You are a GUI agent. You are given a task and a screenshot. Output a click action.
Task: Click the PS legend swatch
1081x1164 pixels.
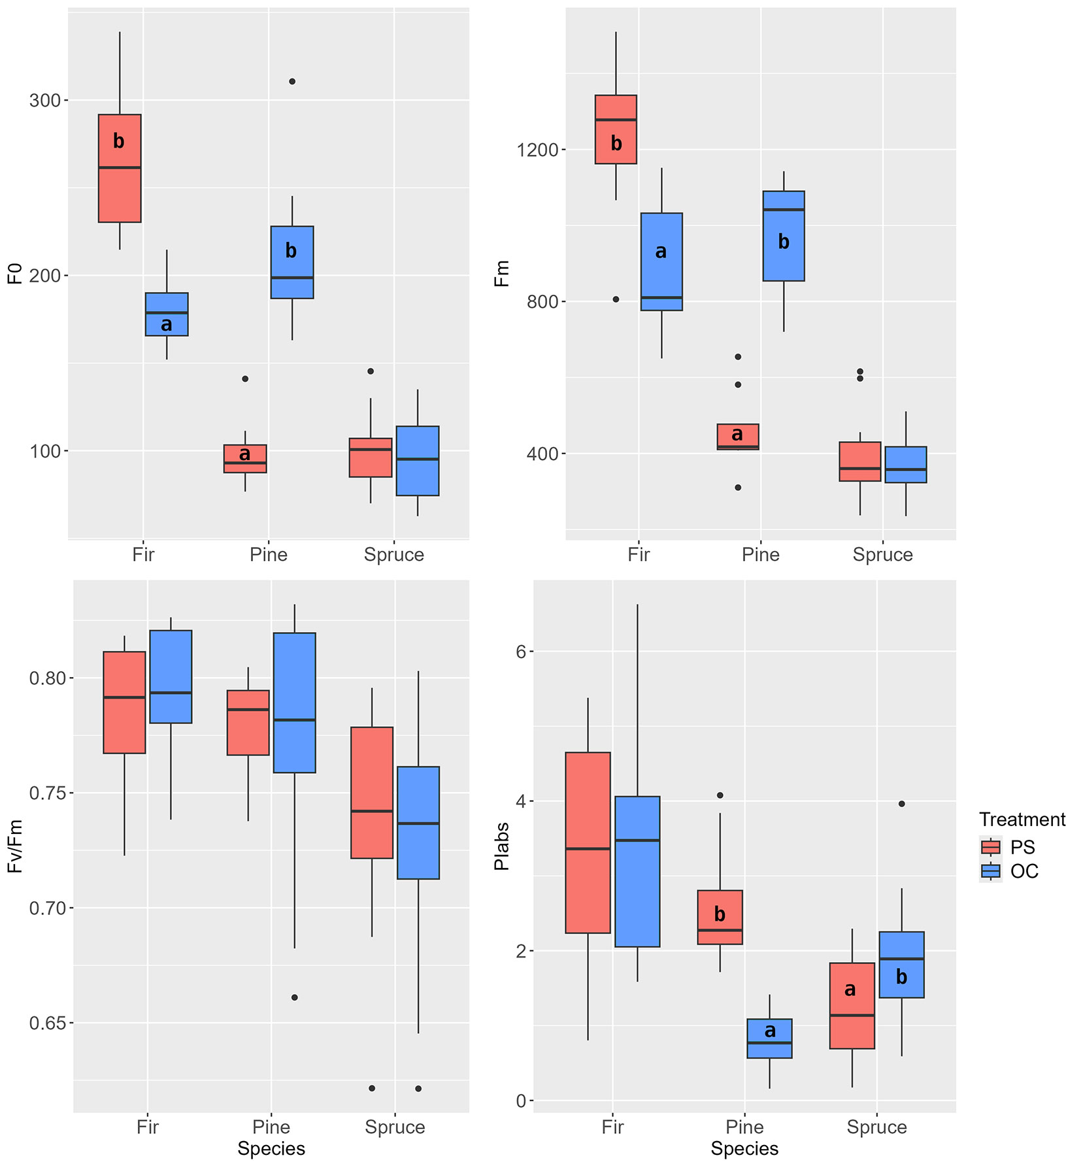[991, 847]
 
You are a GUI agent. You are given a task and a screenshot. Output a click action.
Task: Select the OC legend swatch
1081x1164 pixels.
[991, 871]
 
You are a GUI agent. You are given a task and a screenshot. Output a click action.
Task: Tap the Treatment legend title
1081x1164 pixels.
[1022, 820]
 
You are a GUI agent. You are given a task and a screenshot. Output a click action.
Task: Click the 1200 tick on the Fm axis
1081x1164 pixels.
[537, 150]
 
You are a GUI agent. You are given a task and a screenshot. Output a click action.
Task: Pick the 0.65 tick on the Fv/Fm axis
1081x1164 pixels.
[48, 1023]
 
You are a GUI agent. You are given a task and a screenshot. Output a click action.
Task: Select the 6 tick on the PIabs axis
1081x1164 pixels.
[521, 652]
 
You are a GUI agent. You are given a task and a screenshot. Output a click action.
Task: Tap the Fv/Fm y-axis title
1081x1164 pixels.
[15, 846]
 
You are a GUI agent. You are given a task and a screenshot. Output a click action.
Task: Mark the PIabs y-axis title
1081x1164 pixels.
[502, 846]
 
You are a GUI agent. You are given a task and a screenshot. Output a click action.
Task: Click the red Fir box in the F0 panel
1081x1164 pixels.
[120, 169]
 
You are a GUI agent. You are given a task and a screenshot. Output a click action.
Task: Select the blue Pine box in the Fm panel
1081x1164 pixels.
[784, 236]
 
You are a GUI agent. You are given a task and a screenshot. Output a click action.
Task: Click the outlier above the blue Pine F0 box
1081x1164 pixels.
[292, 82]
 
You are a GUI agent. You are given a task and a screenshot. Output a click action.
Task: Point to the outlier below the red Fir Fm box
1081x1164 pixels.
[616, 299]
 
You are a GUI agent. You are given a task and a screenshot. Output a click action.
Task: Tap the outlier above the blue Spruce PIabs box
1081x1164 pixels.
[902, 804]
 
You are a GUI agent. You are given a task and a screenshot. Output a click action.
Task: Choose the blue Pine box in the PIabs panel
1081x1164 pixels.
[769, 1039]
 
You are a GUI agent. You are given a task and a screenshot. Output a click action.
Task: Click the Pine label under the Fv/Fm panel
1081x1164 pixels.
[271, 1127]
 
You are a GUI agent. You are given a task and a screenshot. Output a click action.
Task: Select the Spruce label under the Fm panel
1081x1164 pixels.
[882, 555]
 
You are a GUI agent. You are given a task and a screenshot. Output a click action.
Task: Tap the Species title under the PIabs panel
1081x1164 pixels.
[744, 1148]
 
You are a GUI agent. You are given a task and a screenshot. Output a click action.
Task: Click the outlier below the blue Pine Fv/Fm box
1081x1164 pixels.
[295, 997]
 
